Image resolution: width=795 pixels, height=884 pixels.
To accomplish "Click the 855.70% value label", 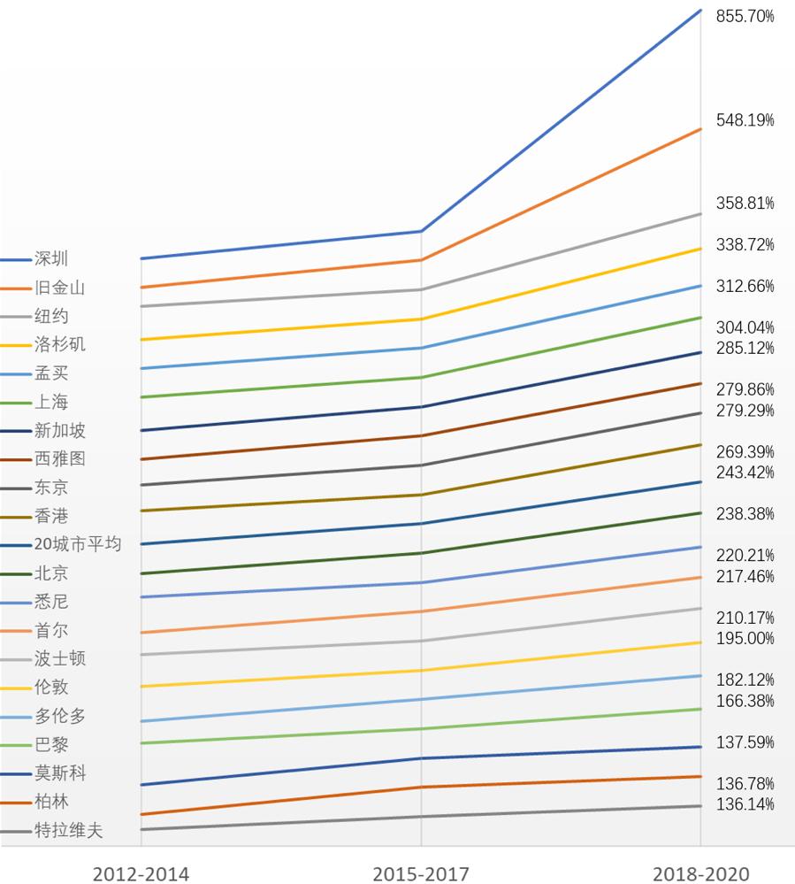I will (745, 16).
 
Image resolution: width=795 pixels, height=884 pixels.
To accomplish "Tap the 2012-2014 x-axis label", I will (141, 873).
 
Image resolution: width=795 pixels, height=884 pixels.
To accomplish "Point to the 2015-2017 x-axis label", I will (421, 873).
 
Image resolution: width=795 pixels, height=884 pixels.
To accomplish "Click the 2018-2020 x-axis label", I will (700, 873).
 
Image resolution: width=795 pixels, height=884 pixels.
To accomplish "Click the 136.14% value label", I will (745, 804).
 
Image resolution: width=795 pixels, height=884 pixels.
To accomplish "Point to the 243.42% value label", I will (745, 472).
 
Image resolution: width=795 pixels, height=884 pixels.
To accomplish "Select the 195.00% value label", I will (745, 638).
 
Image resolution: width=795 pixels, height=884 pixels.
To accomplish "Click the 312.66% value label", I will (745, 286).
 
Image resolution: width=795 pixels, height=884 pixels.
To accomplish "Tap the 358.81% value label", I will (745, 203).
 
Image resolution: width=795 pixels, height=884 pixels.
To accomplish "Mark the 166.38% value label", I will (745, 701).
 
